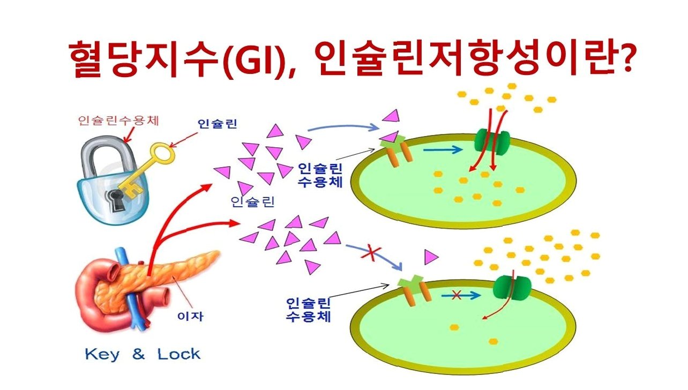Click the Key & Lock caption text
[143, 354]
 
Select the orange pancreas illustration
[177, 273]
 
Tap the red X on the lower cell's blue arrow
[457, 294]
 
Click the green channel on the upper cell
[491, 141]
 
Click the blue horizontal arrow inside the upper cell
[443, 150]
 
